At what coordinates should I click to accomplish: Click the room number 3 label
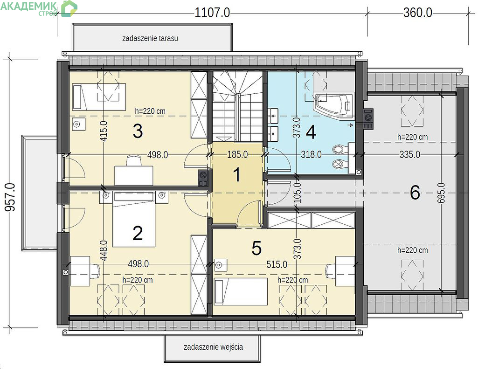[x=138, y=131]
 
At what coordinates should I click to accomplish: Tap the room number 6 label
[x=415, y=193]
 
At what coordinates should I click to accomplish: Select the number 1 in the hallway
[x=236, y=175]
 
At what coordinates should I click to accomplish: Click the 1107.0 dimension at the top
[x=212, y=13]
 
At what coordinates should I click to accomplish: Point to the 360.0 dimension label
[x=418, y=13]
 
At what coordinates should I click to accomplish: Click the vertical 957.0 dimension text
[x=10, y=197]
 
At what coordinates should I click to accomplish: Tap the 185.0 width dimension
[x=237, y=154]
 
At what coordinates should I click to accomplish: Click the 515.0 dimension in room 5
[x=277, y=264]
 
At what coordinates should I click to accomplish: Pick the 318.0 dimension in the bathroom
[x=311, y=154]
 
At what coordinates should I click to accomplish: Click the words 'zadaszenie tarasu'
[x=150, y=38]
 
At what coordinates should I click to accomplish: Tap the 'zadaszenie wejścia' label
[x=214, y=347]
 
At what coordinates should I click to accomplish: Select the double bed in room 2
[x=134, y=219]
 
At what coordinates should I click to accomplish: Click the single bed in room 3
[x=99, y=97]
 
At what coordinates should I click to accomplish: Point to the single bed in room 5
[x=241, y=291]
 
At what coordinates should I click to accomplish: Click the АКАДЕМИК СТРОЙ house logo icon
[x=69, y=8]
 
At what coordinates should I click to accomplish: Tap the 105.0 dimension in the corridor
[x=298, y=193]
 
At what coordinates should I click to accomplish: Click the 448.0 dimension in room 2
[x=104, y=250]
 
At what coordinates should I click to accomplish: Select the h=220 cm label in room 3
[x=150, y=111]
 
